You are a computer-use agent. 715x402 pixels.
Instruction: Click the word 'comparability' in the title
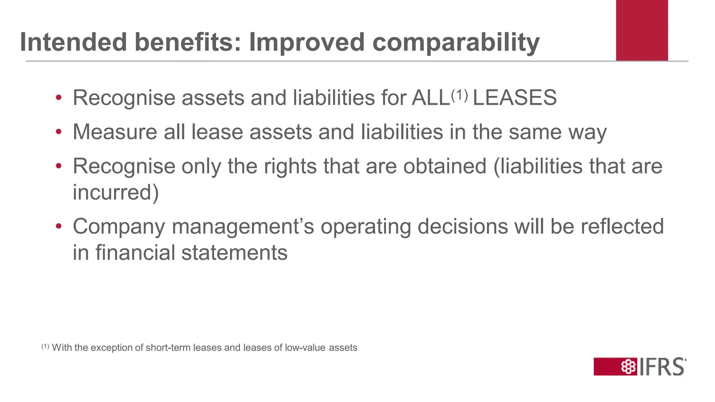coord(456,43)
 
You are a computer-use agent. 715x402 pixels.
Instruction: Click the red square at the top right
coord(642,30)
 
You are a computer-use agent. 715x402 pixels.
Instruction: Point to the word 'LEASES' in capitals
coord(515,98)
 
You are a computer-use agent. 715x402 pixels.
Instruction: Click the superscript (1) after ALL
coord(459,95)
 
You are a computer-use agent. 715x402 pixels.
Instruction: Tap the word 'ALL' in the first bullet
coord(430,98)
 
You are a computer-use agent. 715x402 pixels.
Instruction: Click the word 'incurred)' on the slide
coord(116,193)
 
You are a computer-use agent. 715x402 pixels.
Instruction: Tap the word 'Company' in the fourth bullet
coord(119,227)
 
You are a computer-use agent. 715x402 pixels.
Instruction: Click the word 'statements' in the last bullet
coord(234,253)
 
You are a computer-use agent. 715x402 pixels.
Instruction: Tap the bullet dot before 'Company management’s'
coord(59,226)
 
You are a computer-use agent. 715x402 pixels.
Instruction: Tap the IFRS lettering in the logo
coord(662,367)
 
